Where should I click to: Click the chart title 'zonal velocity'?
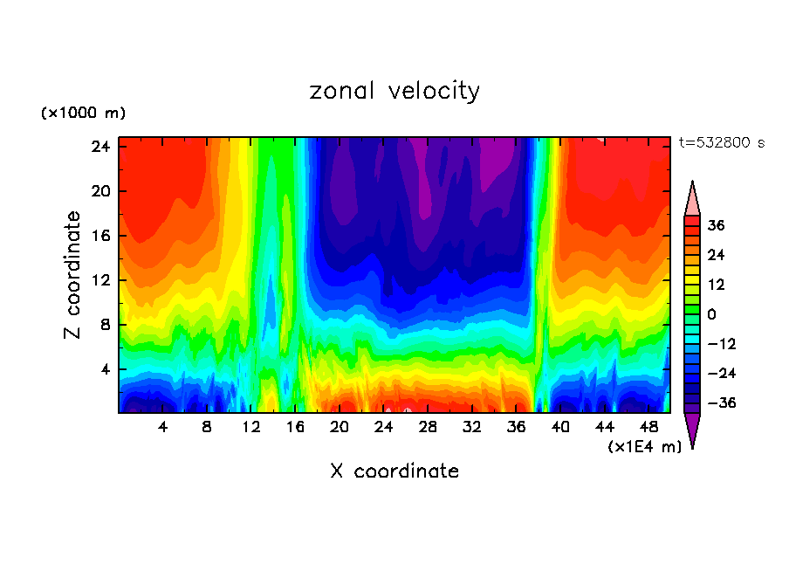394,91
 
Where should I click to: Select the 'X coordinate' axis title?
394,471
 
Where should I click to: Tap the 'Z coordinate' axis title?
73,275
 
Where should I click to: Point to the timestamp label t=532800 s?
722,142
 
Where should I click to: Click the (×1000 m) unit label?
83,114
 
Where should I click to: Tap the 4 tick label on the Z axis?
103,369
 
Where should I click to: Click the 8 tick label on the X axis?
207,428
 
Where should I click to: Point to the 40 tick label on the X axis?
560,428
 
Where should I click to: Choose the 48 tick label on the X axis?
648,428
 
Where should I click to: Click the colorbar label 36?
716,225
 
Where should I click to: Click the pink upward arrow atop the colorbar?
692,198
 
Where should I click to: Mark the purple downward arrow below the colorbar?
692,430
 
